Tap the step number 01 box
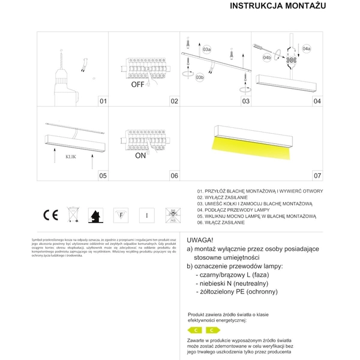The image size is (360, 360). pyautogui.click(x=103, y=101)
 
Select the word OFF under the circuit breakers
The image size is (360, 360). pyautogui.click(x=139, y=85)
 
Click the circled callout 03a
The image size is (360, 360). pyautogui.click(x=206, y=49)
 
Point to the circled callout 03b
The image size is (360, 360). pyautogui.click(x=200, y=77)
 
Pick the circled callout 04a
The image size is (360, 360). pyautogui.click(x=306, y=48)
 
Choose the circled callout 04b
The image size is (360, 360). pyautogui.click(x=268, y=58)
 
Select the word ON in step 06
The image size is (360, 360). pyautogui.click(x=140, y=155)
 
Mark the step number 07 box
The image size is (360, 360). pyautogui.click(x=317, y=176)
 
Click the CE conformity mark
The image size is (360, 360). pyautogui.click(x=50, y=214)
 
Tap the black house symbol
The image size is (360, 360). pyautogui.click(x=95, y=214)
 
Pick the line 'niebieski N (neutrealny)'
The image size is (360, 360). pyautogui.click(x=231, y=283)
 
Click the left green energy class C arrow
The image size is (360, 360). pyautogui.click(x=195, y=330)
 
